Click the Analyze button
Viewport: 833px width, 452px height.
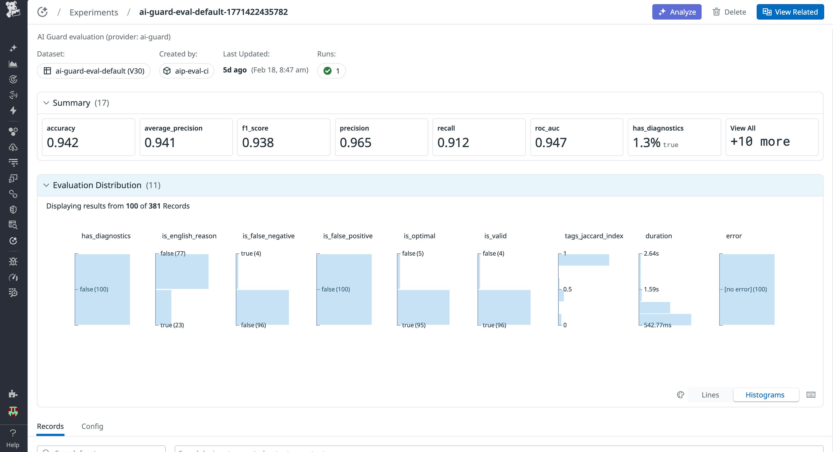tap(677, 12)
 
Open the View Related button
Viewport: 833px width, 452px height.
tap(790, 12)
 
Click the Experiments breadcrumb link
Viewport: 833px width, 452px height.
tap(94, 12)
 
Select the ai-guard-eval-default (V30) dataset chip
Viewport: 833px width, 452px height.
tap(94, 71)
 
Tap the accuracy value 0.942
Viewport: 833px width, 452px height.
tap(63, 143)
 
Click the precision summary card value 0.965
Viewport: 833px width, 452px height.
tap(355, 143)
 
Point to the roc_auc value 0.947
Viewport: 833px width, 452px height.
tap(551, 143)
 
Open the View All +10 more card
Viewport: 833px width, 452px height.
tap(772, 137)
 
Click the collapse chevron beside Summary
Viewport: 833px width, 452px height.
tap(46, 103)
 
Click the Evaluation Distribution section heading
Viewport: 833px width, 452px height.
tap(97, 185)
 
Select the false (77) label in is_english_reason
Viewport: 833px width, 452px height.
tap(173, 253)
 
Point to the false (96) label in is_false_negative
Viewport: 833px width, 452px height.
tap(253, 325)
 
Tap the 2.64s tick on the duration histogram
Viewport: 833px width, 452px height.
tap(651, 253)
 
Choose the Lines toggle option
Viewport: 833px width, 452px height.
tap(710, 395)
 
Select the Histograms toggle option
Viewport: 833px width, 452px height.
tap(765, 395)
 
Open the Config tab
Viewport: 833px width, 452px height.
tap(92, 426)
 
